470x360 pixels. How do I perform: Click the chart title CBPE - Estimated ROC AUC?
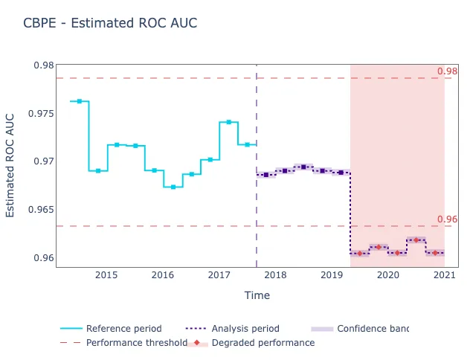[x=110, y=23]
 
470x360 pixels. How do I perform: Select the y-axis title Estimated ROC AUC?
[x=10, y=165]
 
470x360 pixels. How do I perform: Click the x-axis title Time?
[x=257, y=295]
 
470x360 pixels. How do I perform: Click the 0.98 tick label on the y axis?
[x=43, y=65]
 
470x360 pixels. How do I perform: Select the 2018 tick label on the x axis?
[x=275, y=275]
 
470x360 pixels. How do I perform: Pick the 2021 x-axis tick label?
[x=444, y=275]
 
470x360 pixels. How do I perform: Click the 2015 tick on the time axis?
[x=106, y=275]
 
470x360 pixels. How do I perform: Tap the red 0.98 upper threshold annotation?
[x=447, y=71]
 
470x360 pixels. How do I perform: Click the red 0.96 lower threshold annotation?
[x=447, y=219]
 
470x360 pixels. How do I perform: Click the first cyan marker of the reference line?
[x=80, y=101]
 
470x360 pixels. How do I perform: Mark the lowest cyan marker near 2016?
[x=173, y=187]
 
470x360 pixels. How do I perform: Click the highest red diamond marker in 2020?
[x=416, y=240]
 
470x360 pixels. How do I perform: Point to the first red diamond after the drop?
[x=360, y=254]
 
